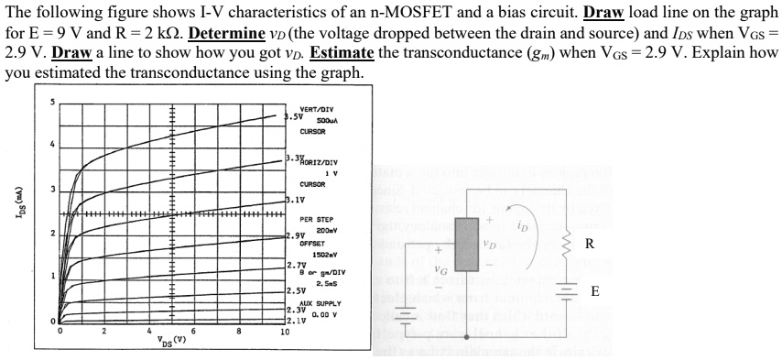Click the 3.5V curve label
click(291, 117)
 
